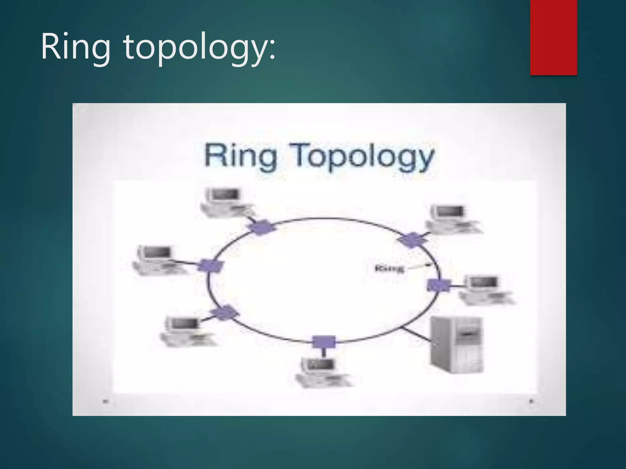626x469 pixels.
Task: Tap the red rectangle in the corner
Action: (553, 37)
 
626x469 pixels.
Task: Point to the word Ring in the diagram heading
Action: (241, 156)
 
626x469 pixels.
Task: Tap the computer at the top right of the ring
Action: (453, 219)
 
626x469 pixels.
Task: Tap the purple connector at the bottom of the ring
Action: (324, 342)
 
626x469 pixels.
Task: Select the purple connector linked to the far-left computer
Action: (211, 265)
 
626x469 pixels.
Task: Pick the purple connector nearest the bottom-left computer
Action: (224, 313)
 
